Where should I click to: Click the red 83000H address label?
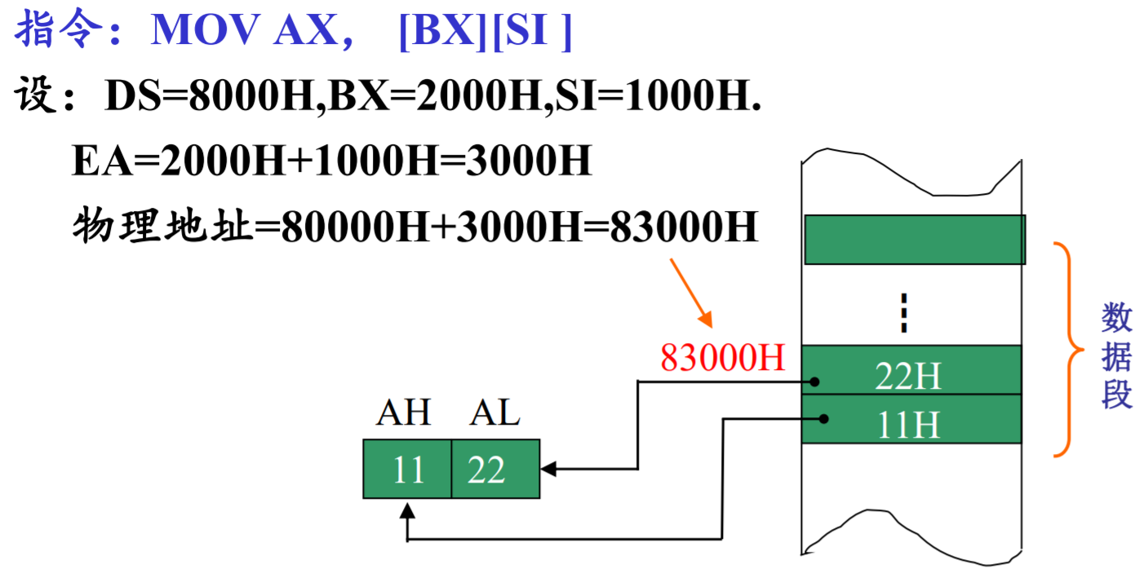722,358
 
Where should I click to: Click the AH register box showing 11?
407,470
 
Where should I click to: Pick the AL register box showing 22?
495,470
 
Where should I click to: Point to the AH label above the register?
403,414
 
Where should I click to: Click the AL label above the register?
494,414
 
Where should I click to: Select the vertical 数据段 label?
1116,356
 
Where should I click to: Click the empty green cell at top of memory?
915,240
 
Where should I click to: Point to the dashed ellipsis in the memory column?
902,313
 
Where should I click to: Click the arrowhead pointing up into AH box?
407,512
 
